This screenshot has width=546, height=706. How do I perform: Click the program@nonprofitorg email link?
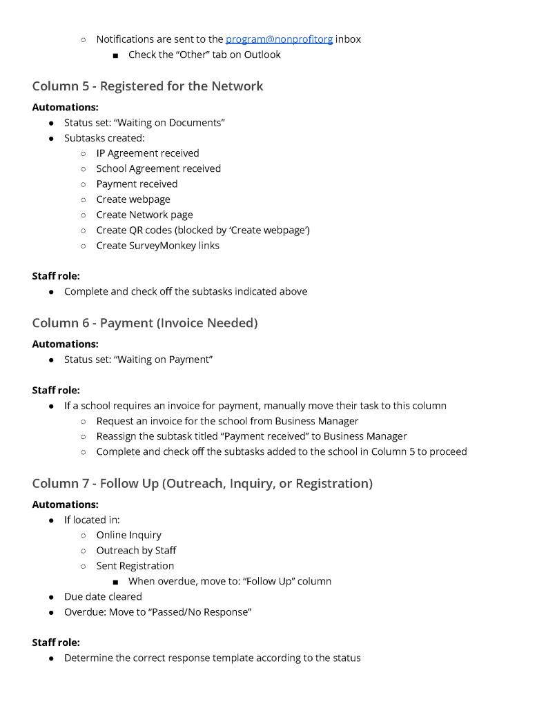click(279, 39)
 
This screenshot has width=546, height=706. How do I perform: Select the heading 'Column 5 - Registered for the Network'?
click(148, 86)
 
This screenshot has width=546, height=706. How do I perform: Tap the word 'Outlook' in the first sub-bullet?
click(262, 55)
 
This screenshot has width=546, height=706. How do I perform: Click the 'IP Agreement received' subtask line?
click(148, 153)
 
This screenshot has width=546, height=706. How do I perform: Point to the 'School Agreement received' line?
click(159, 168)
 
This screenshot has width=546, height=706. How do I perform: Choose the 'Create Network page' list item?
click(145, 215)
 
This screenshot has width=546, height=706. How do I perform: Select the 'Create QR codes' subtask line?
click(203, 230)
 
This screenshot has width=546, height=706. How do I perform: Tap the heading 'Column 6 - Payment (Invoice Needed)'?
click(145, 323)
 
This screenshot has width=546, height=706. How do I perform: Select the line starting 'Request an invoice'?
click(227, 421)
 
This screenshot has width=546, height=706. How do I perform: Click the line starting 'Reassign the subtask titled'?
click(251, 436)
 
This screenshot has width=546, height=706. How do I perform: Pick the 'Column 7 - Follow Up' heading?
click(202, 483)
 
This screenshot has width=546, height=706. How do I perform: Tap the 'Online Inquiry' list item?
click(129, 535)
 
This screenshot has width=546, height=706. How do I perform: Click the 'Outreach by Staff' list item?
click(136, 550)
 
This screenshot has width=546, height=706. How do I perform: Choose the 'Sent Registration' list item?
click(135, 566)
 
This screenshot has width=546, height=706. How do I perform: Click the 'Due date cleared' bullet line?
click(103, 596)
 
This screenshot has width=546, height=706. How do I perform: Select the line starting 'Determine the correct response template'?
click(212, 658)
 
